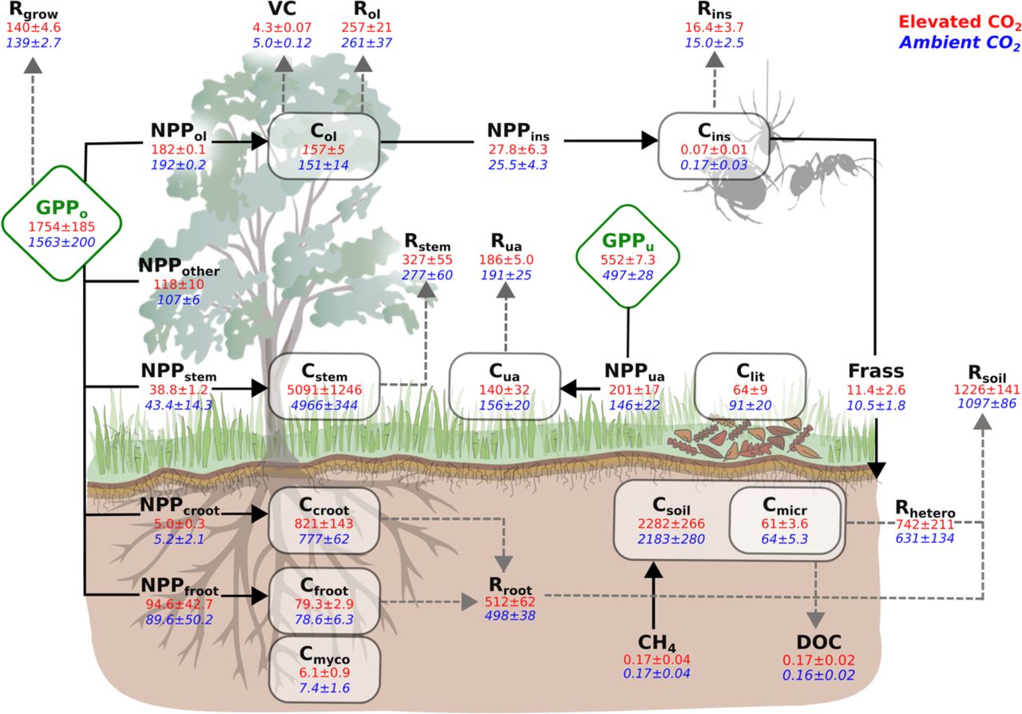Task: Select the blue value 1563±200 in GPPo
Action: click(61, 241)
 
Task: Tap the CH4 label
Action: click(656, 641)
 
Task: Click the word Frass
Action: click(876, 370)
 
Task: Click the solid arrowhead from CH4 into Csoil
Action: click(654, 569)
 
